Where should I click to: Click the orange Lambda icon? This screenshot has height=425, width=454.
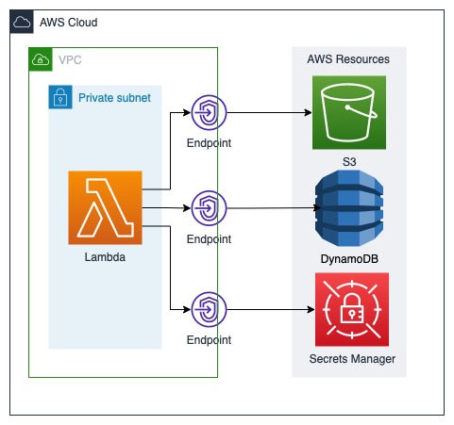pos(105,207)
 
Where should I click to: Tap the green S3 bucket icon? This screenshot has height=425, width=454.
pos(349,113)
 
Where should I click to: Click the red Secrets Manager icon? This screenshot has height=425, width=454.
pos(349,309)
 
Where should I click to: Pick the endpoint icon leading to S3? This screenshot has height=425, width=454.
pos(208,112)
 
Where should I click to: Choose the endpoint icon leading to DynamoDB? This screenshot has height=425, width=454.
pos(208,207)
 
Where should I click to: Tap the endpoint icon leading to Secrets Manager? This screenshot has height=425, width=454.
pos(208,308)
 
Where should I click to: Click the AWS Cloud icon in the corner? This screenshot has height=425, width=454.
pos(22,22)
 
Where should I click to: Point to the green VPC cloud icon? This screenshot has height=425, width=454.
pos(41,59)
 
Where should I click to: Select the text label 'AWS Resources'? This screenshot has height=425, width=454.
pos(348,59)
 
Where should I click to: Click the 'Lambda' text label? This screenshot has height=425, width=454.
pos(105,257)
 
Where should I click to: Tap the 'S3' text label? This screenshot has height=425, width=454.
pos(349,162)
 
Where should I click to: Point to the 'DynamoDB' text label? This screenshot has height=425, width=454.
pos(349,258)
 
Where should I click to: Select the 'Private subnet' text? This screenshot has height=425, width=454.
pos(114,97)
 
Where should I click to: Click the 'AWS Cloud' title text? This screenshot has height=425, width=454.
pos(68,22)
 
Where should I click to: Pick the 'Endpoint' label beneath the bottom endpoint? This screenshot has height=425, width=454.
pos(209,340)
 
